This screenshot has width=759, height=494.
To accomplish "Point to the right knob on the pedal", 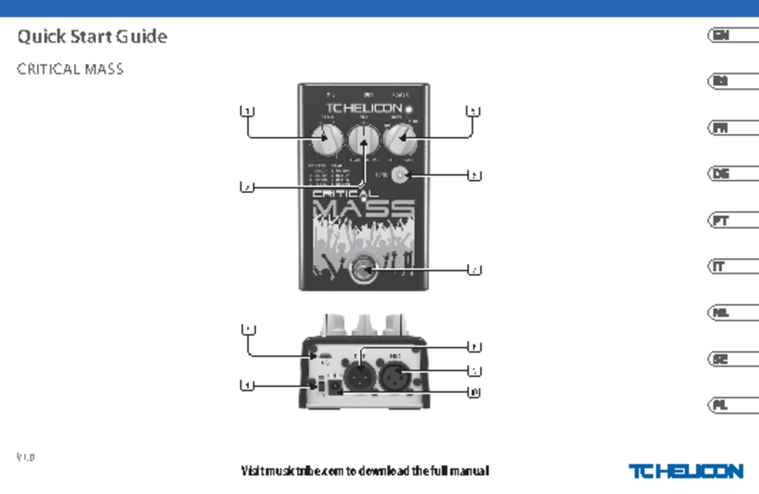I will click(x=402, y=140).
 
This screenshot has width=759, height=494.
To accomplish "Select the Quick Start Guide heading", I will click(x=92, y=37).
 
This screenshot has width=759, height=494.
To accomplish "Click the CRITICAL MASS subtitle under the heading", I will click(x=70, y=69).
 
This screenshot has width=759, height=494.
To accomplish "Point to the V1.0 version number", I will click(x=26, y=457).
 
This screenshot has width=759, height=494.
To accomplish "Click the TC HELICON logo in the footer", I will click(x=686, y=471).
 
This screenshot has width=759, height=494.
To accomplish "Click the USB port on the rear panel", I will click(x=324, y=360).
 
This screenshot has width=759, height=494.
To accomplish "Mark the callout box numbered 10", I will click(x=474, y=392).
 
